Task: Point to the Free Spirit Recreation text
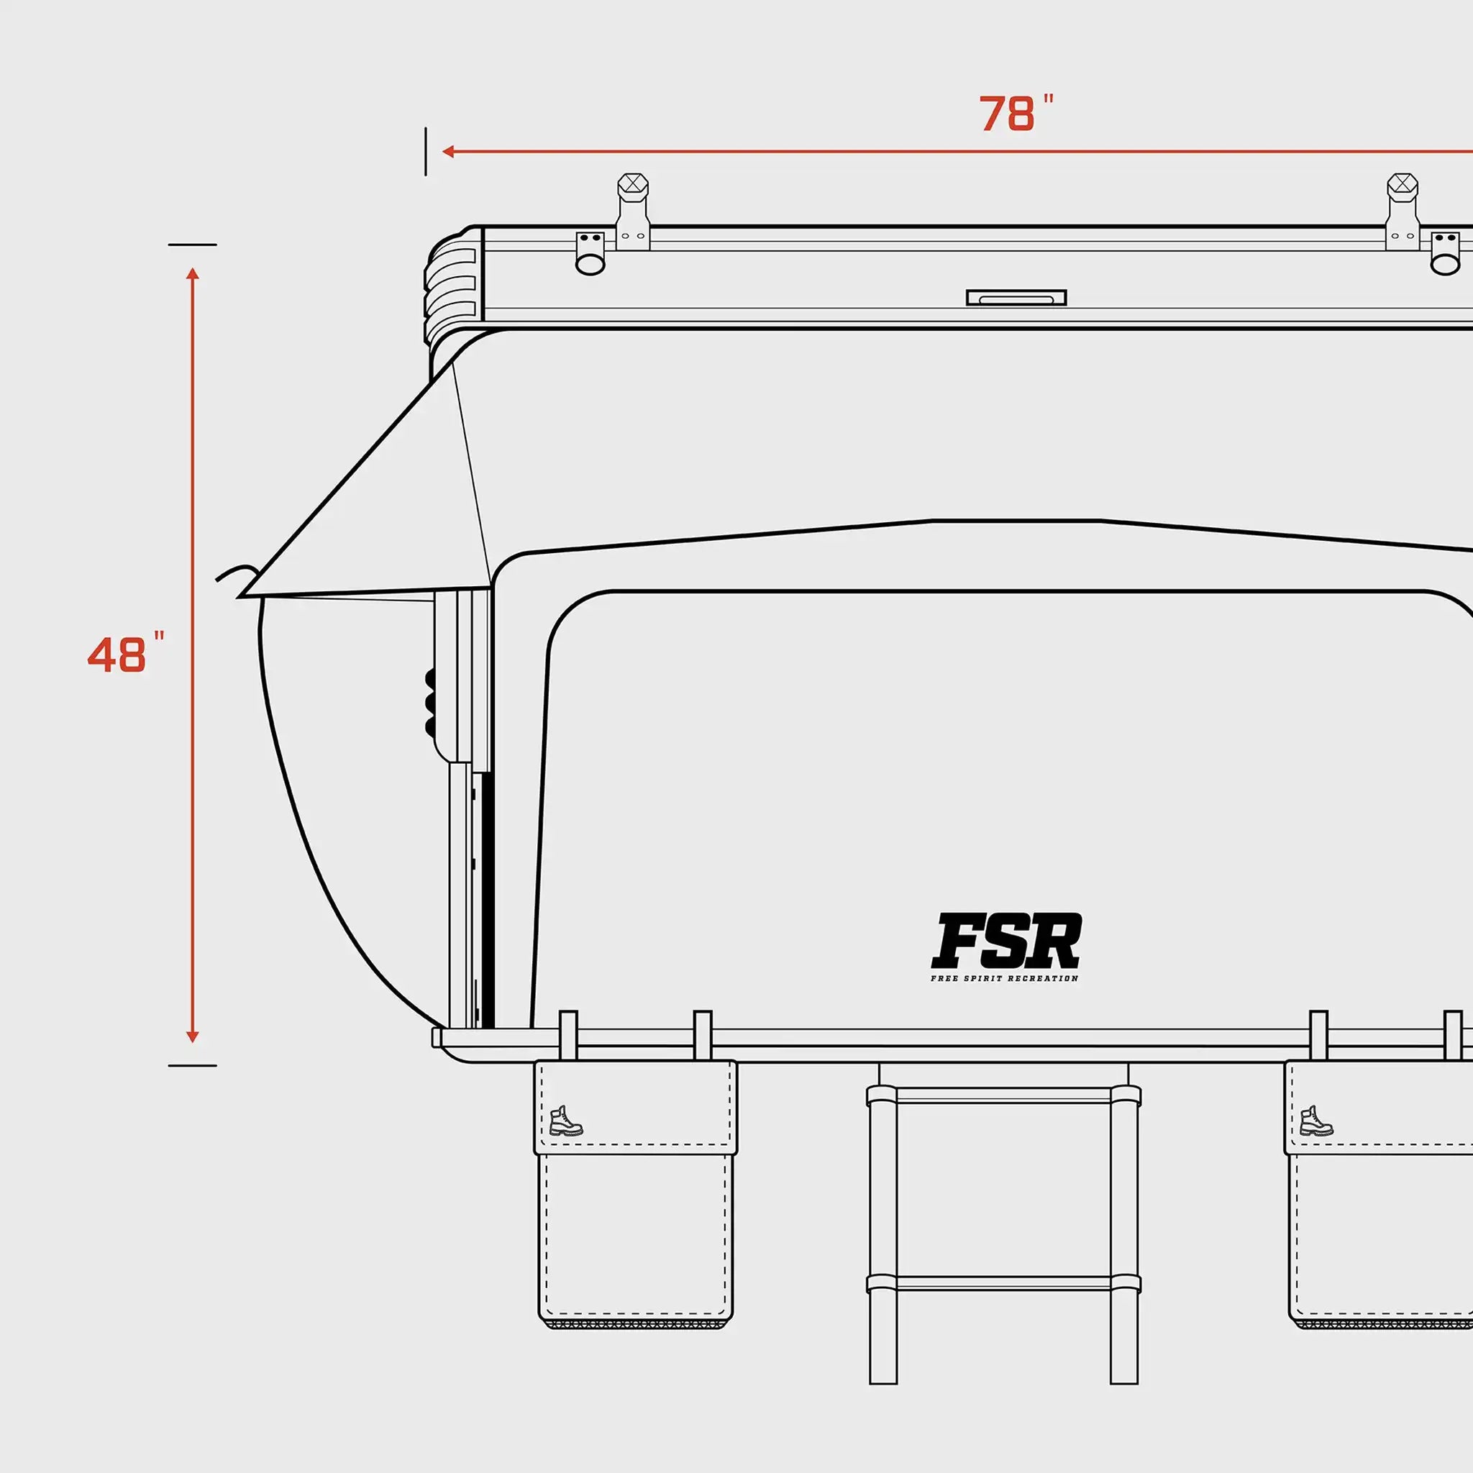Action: point(1004,978)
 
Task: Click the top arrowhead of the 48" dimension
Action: point(193,273)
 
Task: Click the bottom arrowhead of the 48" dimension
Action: point(193,1037)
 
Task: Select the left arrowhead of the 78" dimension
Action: point(448,152)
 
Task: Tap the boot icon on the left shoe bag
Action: point(566,1121)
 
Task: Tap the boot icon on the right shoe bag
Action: point(1317,1121)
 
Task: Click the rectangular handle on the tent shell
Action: point(1016,297)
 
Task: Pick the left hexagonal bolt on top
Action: point(633,186)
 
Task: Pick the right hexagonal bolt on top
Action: point(1402,186)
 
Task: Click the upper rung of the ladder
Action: point(1003,1096)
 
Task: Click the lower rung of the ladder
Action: point(1003,1283)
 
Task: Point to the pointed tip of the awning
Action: point(241,596)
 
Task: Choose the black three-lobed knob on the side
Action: point(430,701)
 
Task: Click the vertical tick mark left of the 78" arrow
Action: point(426,152)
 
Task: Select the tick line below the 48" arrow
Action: point(192,1065)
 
